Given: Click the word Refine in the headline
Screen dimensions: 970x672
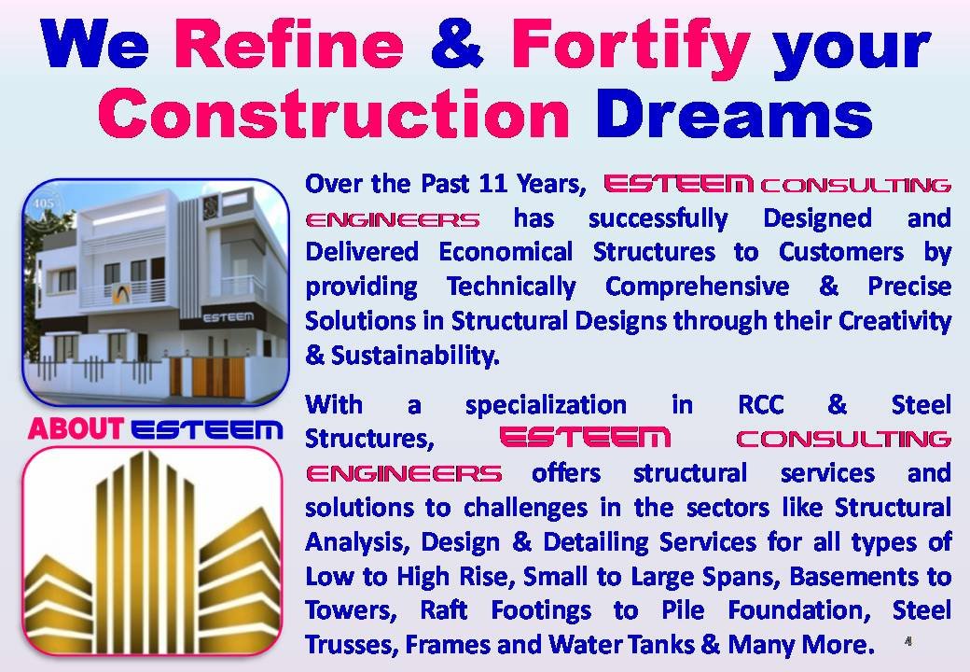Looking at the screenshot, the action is coord(289,45).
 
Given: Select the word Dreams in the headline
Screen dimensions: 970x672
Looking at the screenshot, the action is coord(734,113).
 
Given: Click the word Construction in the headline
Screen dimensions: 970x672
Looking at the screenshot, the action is coord(334,113).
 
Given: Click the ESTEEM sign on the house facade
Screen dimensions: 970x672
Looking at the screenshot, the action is coord(229,316).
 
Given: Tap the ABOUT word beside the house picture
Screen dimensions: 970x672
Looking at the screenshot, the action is coord(76,428).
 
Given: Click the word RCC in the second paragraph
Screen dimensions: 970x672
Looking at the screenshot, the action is coord(761,405).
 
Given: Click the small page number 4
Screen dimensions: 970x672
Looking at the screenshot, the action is coord(908,641).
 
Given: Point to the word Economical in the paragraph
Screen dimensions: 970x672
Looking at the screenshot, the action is coord(506,252).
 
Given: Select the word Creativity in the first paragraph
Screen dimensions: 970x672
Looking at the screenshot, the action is coord(894,321).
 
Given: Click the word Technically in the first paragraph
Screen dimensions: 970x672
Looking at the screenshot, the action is coord(511,287).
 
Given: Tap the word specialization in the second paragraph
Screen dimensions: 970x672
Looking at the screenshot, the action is coord(546,405).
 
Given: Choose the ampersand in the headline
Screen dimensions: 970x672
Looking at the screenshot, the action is coord(457,45).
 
